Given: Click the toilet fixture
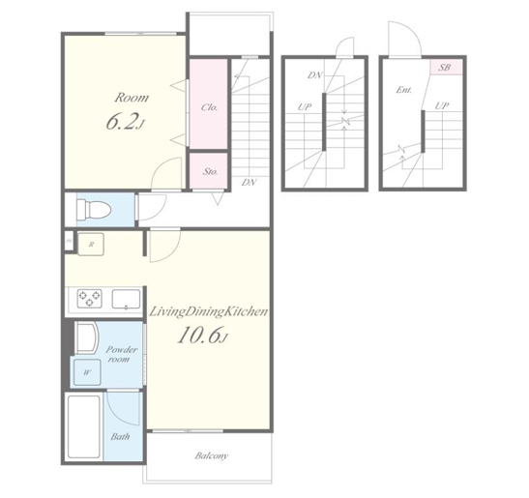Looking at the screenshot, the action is point(94,210).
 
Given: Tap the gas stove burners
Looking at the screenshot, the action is point(89,298).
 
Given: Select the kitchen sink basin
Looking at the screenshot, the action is point(126,299).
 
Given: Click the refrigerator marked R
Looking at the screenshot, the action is point(91,244).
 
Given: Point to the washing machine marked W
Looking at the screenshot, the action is point(87,372).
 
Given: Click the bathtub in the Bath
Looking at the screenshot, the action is point(84,426).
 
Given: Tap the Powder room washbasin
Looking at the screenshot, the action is point(86,337).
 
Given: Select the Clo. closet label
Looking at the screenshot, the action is point(209,107).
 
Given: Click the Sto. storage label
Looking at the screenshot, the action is point(210,171).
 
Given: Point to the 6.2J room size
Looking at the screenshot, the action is point(126,122).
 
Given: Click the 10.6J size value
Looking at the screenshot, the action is point(202,335).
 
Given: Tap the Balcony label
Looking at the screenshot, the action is point(212,455).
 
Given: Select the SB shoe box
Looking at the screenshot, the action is point(446,67).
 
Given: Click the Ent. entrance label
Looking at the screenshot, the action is point(404,90).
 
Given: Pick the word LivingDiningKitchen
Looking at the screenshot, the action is point(209,311).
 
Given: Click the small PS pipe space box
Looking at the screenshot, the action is point(69,241).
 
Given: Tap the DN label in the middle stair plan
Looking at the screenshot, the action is point(314,75).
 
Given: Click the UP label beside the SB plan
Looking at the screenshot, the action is point(442,106).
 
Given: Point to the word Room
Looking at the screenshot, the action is point(132,98).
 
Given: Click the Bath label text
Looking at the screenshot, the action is point(120,436).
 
